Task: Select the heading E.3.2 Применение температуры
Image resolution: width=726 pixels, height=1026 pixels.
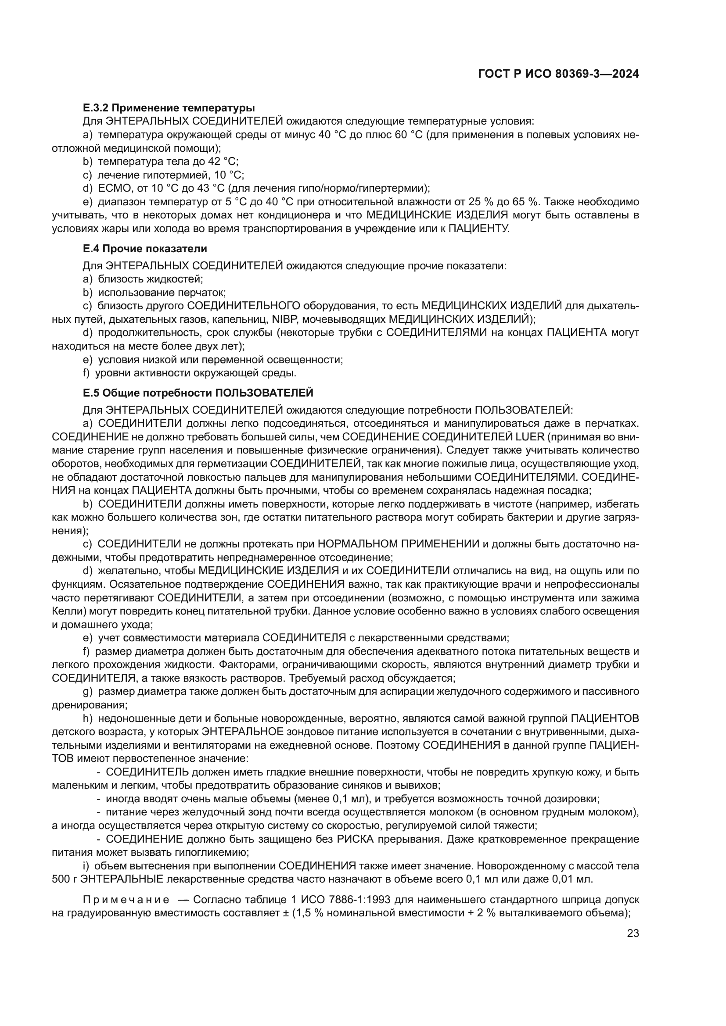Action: [x=169, y=108]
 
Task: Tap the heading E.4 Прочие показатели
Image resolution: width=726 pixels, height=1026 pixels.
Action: [x=145, y=248]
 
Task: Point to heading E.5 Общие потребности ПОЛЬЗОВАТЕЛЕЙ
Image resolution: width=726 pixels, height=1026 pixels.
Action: [x=198, y=393]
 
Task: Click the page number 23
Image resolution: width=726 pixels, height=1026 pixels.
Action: [x=633, y=933]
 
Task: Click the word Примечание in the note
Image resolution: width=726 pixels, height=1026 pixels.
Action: [x=126, y=887]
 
